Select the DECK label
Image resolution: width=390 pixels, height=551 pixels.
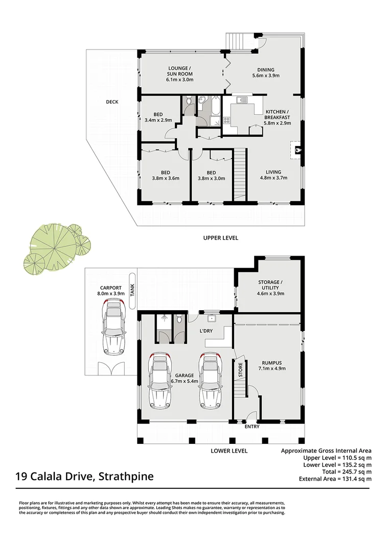112,102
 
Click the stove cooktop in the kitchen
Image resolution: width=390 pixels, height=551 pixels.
226,120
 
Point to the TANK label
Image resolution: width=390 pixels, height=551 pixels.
131,291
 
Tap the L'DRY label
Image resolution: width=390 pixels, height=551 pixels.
206,331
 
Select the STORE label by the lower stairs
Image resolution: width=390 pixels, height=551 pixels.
240,370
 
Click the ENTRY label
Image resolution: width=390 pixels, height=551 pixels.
252,427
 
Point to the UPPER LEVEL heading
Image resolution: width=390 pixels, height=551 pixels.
220,238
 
